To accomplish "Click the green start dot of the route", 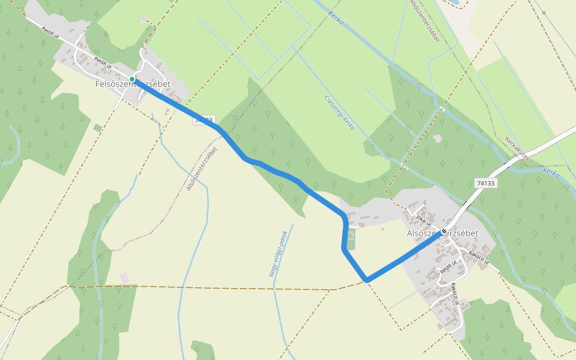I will point(132,79).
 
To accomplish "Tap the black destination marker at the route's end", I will point(444,232).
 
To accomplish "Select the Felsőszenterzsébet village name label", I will point(133,85).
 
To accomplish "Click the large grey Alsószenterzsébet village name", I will point(442,233).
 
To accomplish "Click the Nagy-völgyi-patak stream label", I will point(278,253).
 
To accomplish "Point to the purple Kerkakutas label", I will point(517,147).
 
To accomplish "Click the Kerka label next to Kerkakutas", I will point(551,173).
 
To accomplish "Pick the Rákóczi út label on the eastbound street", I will point(478,257).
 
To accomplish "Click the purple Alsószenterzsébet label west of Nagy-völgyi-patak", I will point(202,168).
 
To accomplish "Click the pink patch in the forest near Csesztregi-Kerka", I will point(437,139).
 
